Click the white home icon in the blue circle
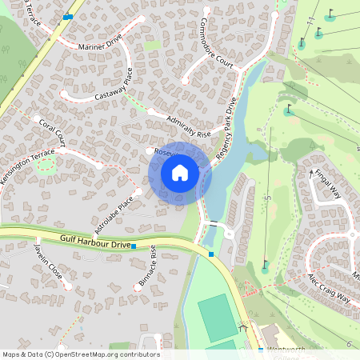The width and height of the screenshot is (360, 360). [180, 172]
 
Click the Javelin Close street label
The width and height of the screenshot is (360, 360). [47, 261]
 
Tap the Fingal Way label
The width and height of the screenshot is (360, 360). [328, 183]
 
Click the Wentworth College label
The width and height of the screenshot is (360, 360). [286, 350]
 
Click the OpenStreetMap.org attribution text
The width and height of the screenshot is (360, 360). [80, 354]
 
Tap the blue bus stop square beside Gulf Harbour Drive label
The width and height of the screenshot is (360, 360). [133, 247]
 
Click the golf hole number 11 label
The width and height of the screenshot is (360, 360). [310, 19]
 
